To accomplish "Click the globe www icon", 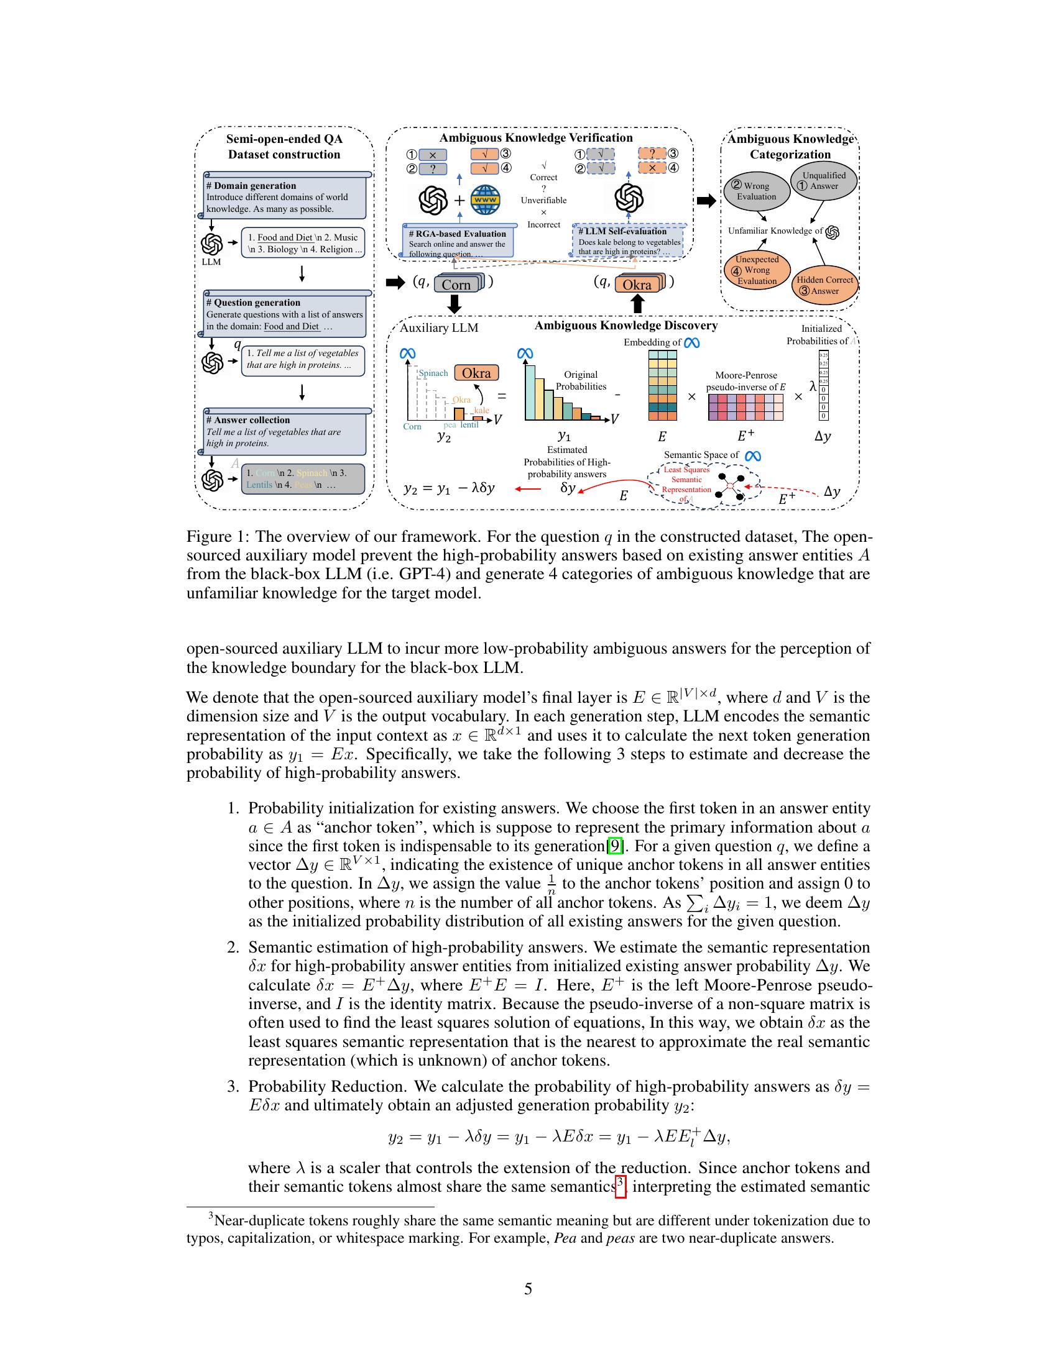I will click(486, 200).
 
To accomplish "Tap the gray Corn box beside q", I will click(456, 285).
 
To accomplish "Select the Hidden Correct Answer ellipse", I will click(824, 285).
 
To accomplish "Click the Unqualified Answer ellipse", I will click(823, 181).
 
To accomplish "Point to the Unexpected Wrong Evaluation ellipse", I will click(757, 270).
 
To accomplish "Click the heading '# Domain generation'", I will click(251, 186).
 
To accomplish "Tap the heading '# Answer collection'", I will click(248, 420).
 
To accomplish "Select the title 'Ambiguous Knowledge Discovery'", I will click(625, 326).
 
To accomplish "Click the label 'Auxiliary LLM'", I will click(439, 328).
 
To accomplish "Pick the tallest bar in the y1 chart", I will click(530, 391).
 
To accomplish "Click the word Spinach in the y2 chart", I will click(433, 373).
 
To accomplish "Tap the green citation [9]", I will click(616, 846).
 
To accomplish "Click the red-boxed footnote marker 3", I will click(621, 1186).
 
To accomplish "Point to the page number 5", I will click(528, 1289).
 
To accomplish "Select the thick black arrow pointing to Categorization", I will click(706, 201).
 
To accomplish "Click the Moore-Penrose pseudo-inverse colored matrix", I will click(745, 407).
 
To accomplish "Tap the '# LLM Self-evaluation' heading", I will click(622, 232).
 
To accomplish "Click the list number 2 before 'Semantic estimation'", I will click(233, 948).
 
